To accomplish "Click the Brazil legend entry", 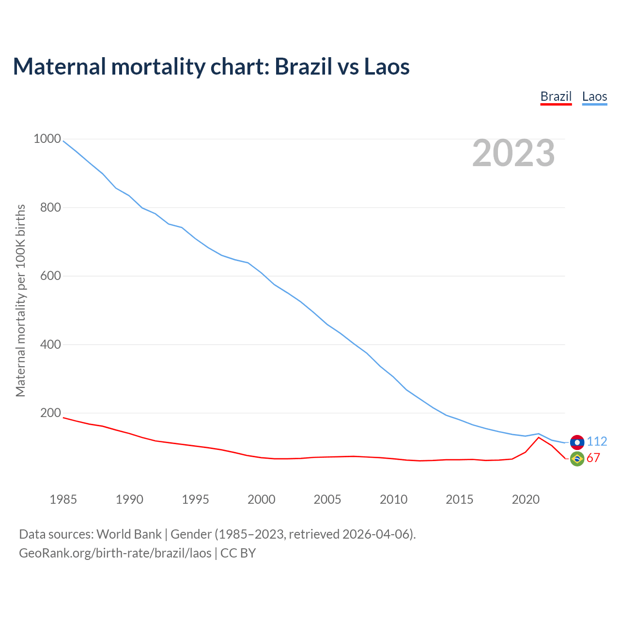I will [556, 96].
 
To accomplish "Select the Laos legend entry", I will [594, 96].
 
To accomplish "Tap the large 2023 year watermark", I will [513, 153].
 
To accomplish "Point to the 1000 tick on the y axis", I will [47, 139].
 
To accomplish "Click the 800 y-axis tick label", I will [50, 207].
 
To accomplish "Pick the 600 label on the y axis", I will [50, 276].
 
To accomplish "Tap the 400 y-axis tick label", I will [50, 344].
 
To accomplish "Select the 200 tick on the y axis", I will [50, 413].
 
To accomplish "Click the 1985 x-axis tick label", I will [63, 499].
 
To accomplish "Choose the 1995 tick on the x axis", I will [195, 499].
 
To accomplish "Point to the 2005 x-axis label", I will [327, 499].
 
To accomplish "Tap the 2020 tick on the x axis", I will [526, 499].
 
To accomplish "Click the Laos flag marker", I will [577, 442].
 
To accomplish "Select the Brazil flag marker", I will [577, 458].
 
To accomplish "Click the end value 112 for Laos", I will [597, 441].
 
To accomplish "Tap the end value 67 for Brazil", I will [593, 458].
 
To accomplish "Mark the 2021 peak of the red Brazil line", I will [539, 437].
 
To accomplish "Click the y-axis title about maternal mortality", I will [20, 300].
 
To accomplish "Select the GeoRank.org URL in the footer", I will [115, 553].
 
